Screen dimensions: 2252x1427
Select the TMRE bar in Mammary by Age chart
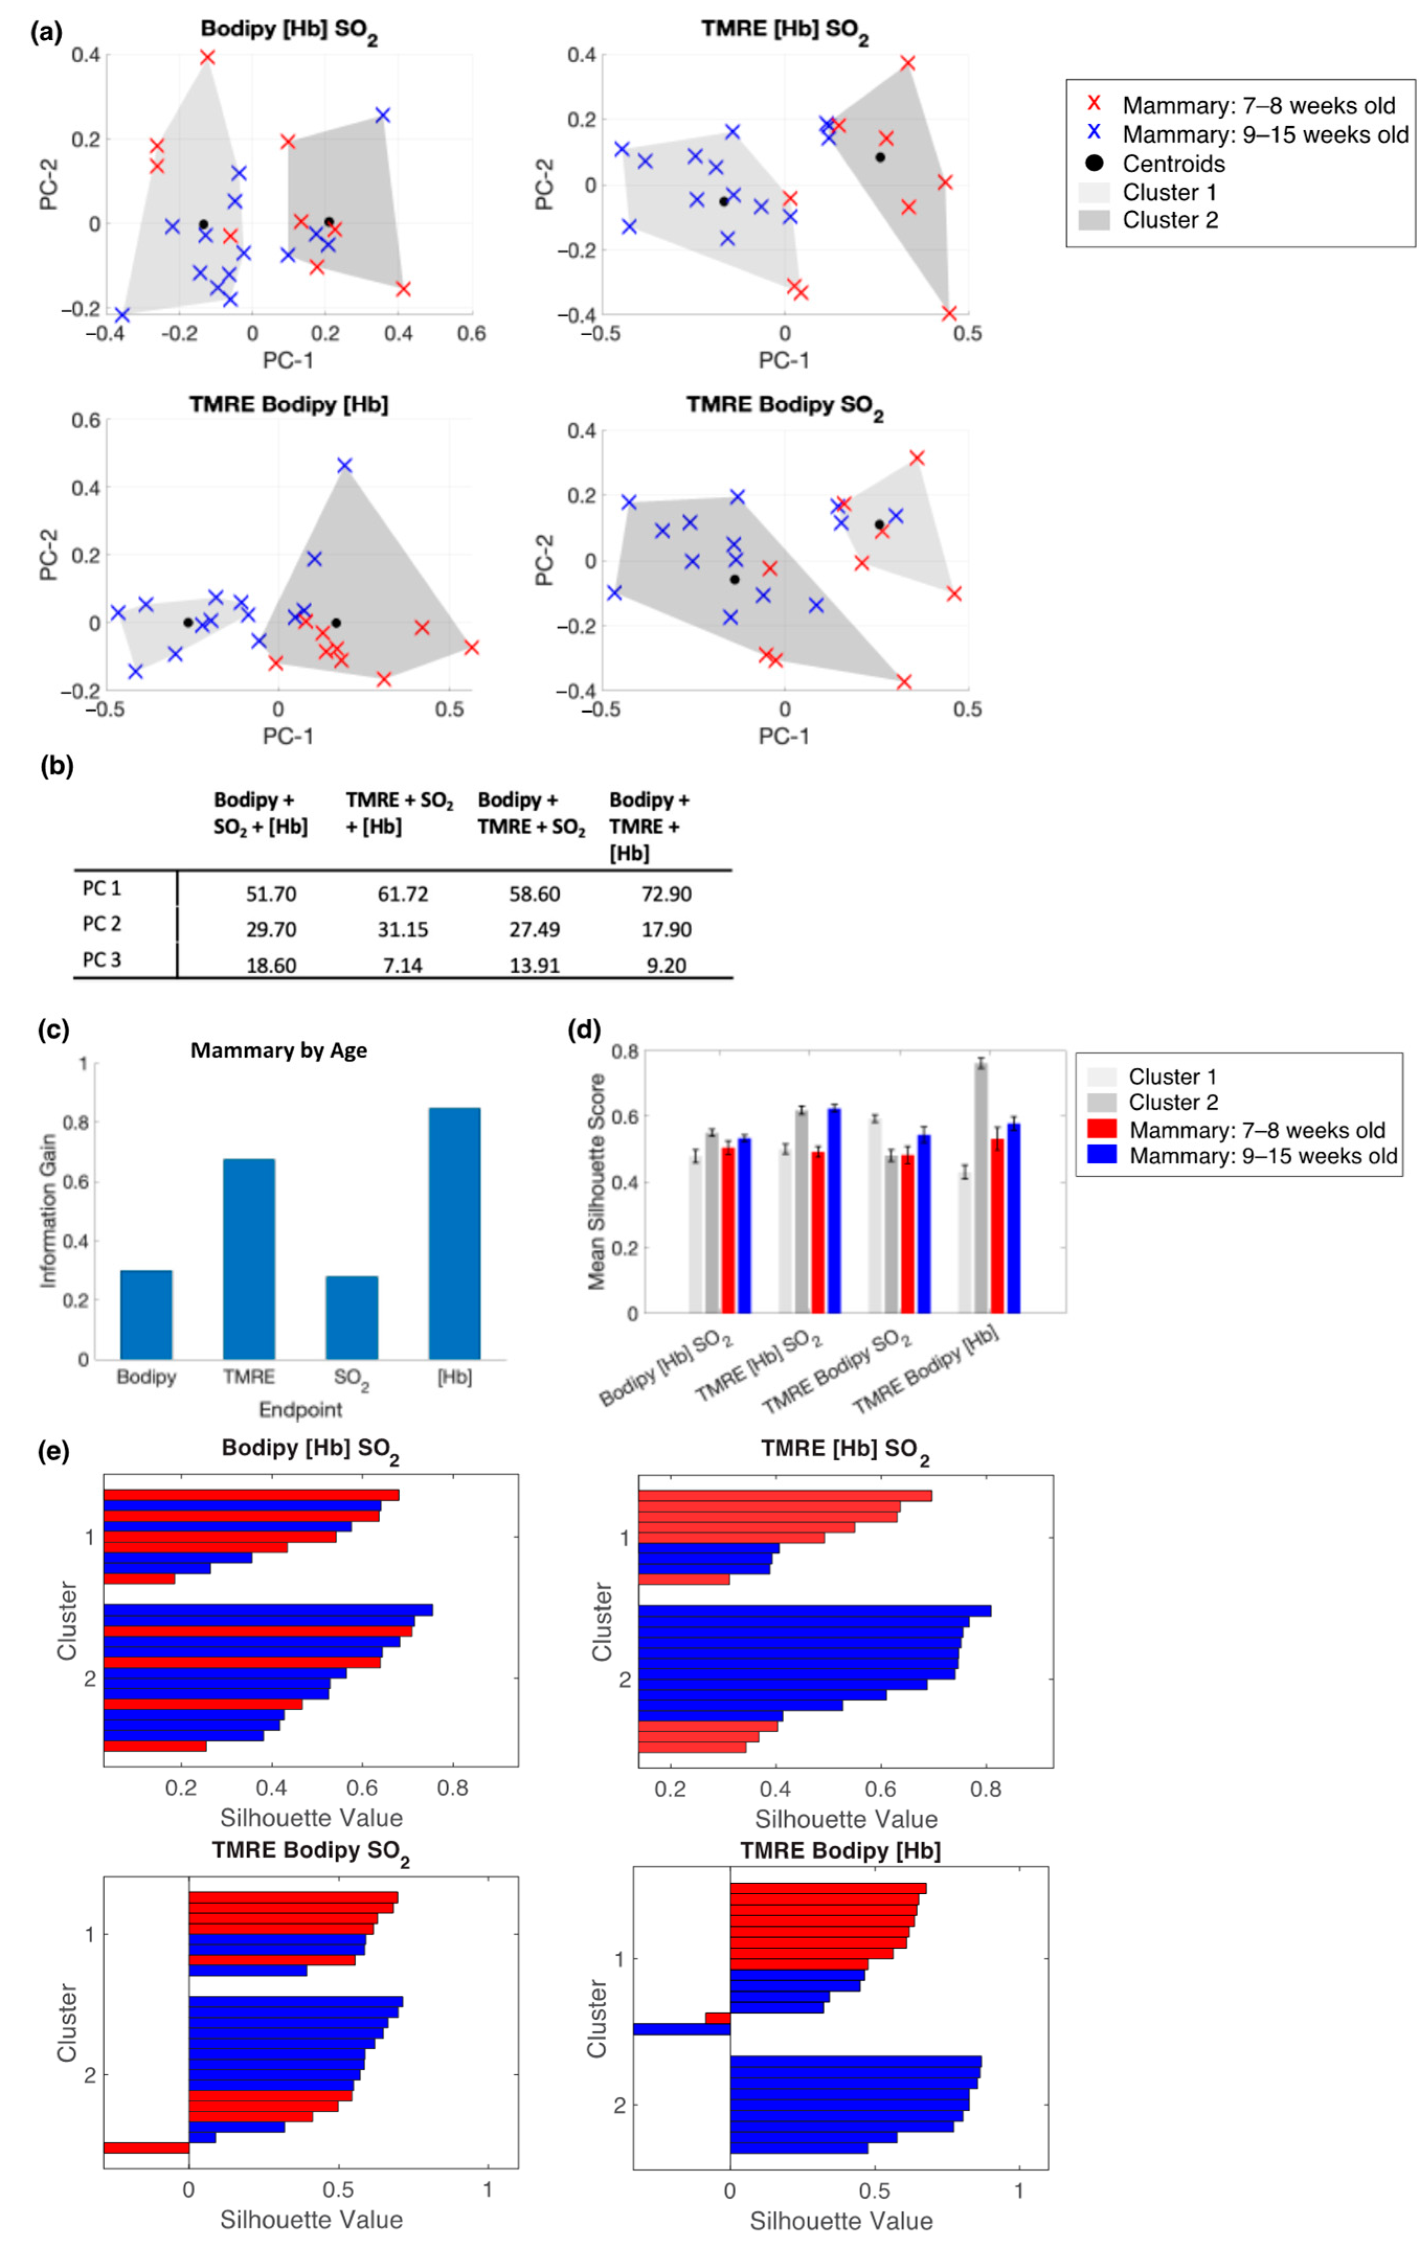pyautogui.click(x=249, y=1258)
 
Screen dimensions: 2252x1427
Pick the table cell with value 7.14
pyautogui.click(x=402, y=964)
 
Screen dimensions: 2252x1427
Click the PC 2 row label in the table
pyautogui.click(x=102, y=924)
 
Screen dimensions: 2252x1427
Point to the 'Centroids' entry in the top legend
pyautogui.click(x=1173, y=164)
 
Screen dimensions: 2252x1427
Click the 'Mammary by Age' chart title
pyautogui.click(x=279, y=1050)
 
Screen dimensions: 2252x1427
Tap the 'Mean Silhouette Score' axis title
pyautogui.click(x=597, y=1182)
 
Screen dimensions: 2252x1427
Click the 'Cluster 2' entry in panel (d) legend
pyautogui.click(x=1173, y=1102)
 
